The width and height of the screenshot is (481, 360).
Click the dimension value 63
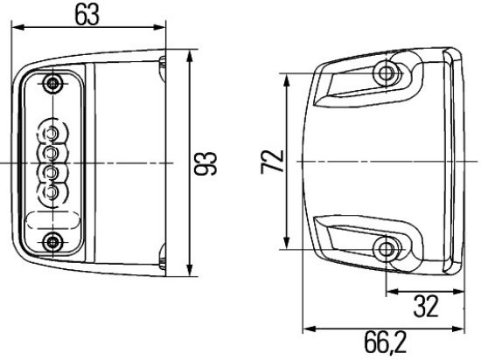(87, 15)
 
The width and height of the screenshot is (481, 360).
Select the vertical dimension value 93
(209, 162)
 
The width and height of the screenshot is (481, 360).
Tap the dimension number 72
(273, 162)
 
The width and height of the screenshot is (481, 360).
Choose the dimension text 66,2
(381, 343)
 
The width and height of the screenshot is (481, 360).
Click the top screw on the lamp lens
(55, 84)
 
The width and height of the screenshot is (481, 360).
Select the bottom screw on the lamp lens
(55, 241)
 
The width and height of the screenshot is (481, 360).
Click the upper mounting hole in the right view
(385, 71)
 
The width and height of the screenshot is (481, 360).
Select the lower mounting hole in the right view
(385, 251)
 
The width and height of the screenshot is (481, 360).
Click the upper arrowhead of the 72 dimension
(288, 78)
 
